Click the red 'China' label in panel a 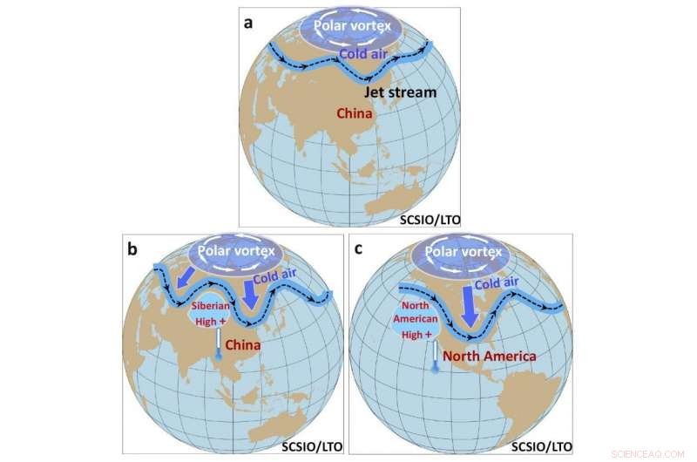click(355, 114)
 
